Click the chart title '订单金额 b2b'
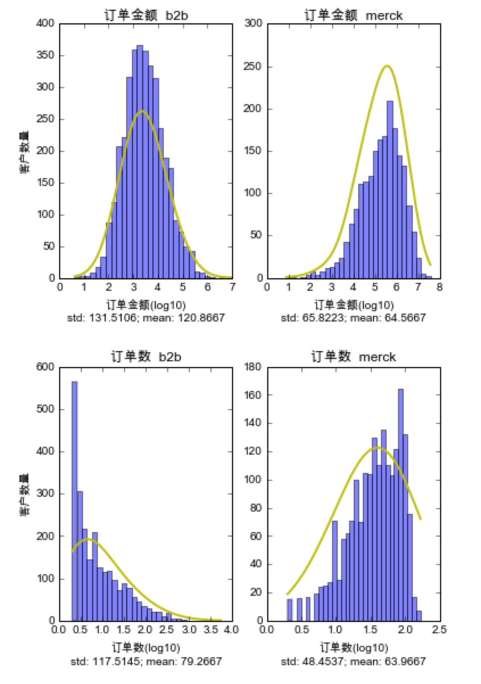tap(146, 15)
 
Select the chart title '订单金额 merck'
tap(353, 15)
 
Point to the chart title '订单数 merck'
tap(353, 357)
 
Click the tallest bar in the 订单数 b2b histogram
tap(74, 501)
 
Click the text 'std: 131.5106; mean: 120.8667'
tap(146, 318)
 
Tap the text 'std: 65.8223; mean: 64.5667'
tap(353, 318)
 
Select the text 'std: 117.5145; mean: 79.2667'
tap(146, 661)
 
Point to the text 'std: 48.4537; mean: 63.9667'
tap(353, 661)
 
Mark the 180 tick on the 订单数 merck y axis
tap(252, 368)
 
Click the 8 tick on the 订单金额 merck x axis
tap(439, 288)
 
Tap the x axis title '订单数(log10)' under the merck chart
tap(353, 648)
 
